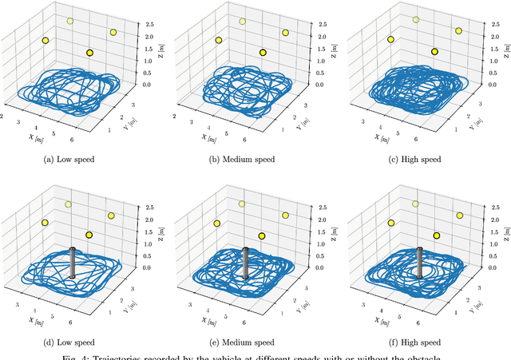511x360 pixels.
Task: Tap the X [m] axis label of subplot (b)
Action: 202,136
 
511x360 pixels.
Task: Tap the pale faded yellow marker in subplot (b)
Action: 243,21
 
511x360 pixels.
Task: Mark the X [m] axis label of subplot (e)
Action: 202,321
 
